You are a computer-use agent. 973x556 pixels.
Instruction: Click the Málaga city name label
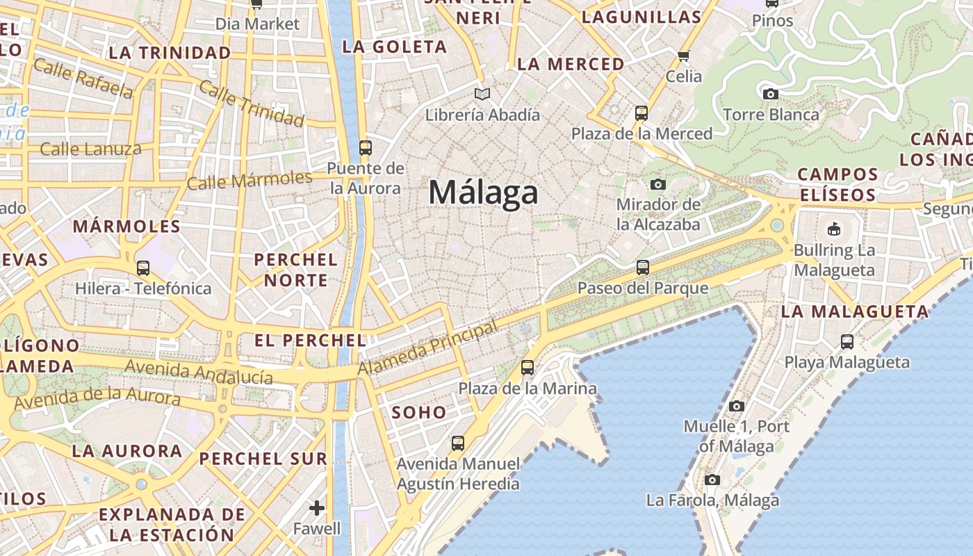click(x=483, y=193)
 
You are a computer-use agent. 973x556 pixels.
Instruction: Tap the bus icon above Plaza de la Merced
click(x=641, y=113)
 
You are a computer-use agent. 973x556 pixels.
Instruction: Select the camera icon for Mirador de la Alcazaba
click(x=657, y=184)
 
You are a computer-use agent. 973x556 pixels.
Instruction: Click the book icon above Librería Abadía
click(x=482, y=94)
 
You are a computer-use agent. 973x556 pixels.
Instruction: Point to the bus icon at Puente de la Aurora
click(x=365, y=147)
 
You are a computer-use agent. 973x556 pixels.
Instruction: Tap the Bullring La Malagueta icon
click(x=833, y=229)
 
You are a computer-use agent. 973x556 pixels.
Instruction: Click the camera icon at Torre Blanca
click(x=770, y=94)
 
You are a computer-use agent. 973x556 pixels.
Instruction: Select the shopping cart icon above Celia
click(x=683, y=56)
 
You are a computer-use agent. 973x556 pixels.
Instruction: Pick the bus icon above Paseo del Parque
click(x=643, y=267)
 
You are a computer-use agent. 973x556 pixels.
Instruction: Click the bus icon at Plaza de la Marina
click(x=528, y=367)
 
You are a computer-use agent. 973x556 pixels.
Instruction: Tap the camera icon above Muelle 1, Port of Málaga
click(x=737, y=406)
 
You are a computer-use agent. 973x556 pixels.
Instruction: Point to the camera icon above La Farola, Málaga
click(x=712, y=480)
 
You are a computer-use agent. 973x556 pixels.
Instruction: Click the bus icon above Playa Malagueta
click(x=847, y=341)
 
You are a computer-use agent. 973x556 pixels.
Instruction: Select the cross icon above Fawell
click(x=317, y=508)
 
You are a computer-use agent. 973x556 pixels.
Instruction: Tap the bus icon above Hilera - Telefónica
click(x=143, y=268)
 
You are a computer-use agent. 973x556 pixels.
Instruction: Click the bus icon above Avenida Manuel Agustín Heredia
click(x=457, y=443)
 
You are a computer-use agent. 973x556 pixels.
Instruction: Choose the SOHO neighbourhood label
click(x=418, y=412)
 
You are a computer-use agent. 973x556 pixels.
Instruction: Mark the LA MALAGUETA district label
click(x=854, y=311)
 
